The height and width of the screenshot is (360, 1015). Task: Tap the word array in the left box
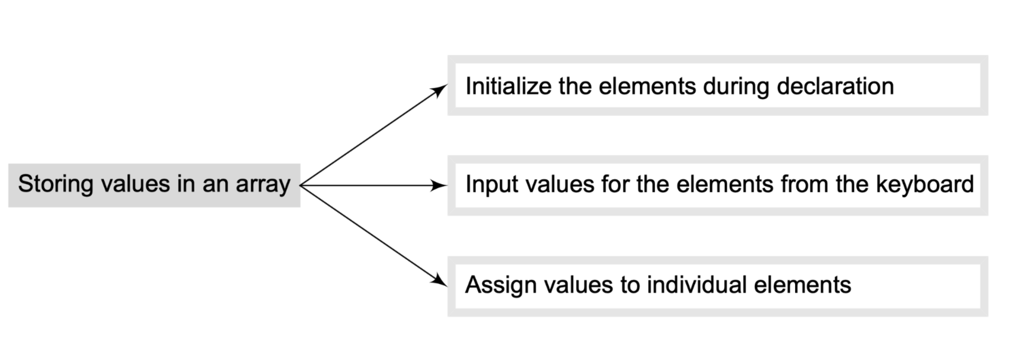[263, 184]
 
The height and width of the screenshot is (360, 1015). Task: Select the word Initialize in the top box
[508, 86]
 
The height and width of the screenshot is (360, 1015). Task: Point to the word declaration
[835, 86]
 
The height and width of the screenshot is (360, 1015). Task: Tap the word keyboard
[925, 184]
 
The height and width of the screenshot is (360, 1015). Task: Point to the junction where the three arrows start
[301, 185]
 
